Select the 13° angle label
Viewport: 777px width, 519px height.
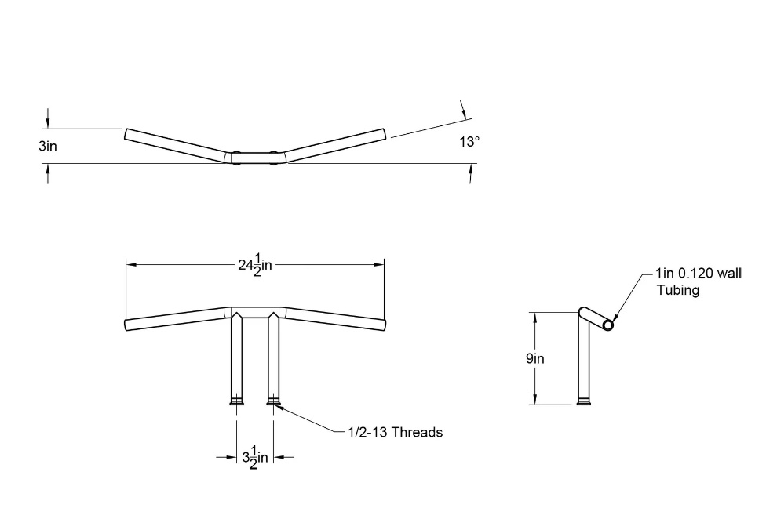(469, 142)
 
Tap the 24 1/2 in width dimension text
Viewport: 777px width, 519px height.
(255, 264)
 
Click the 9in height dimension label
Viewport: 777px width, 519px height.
(536, 358)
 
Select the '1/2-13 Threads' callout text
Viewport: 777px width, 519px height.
(395, 432)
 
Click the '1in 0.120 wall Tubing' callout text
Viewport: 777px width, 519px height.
(699, 281)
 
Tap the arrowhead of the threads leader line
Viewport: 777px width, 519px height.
(277, 405)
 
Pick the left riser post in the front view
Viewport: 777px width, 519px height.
(236, 357)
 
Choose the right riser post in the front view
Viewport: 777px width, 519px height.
(273, 357)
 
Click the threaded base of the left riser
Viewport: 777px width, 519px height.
(236, 402)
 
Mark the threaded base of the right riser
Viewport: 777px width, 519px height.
(273, 402)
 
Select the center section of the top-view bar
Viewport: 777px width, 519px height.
(254, 157)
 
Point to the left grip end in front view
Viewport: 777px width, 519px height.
(129, 325)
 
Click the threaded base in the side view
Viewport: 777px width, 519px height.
(583, 402)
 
